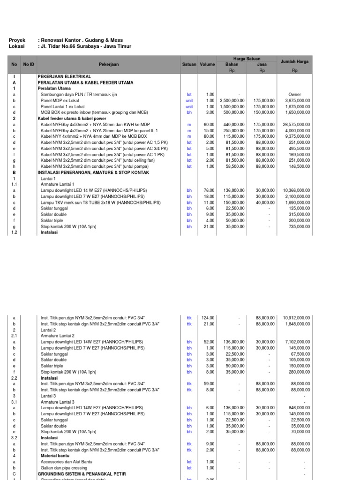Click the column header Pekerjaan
(108, 64)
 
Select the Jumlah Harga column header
(294, 61)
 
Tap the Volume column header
(207, 64)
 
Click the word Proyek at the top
(17, 41)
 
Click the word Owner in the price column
(295, 94)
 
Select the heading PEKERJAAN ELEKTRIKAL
(64, 76)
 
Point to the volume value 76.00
(209, 190)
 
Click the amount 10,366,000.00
(296, 190)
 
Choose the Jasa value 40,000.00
(265, 202)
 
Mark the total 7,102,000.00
(297, 342)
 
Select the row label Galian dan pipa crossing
(64, 468)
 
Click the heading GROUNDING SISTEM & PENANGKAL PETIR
(82, 474)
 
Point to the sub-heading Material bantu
(56, 456)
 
